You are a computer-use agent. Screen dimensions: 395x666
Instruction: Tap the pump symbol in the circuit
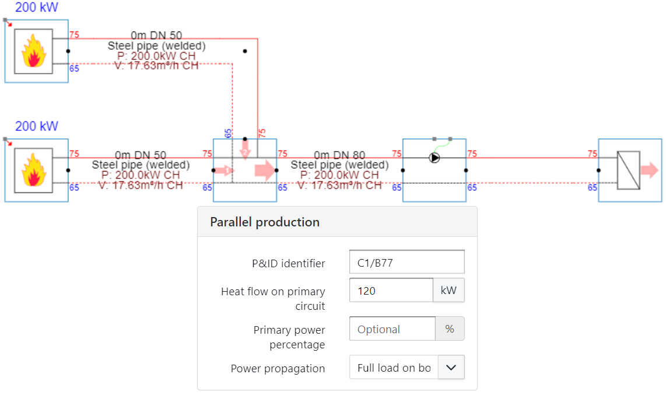(x=434, y=158)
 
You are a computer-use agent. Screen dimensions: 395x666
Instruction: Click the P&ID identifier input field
(x=406, y=263)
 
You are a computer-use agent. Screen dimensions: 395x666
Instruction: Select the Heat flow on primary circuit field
(x=391, y=291)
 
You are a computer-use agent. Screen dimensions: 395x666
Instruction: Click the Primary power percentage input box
(x=392, y=329)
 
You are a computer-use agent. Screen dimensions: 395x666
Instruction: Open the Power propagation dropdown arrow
(x=451, y=368)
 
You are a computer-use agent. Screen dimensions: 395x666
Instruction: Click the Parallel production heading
(x=265, y=222)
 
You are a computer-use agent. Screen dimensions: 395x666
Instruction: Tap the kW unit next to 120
(x=448, y=291)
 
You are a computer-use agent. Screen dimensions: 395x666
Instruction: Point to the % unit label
(x=450, y=329)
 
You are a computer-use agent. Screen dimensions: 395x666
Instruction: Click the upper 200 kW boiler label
(x=37, y=8)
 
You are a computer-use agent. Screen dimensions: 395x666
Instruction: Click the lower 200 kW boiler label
(x=37, y=126)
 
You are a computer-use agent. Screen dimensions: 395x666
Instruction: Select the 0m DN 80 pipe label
(x=339, y=155)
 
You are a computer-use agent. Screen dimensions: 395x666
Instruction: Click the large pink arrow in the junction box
(x=264, y=170)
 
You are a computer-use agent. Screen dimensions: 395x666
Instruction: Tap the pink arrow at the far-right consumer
(x=649, y=170)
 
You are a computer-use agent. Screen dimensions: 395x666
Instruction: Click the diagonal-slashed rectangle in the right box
(x=629, y=170)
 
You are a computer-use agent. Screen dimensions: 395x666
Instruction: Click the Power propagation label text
(x=278, y=368)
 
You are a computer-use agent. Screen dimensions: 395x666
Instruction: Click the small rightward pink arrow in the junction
(x=223, y=170)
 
